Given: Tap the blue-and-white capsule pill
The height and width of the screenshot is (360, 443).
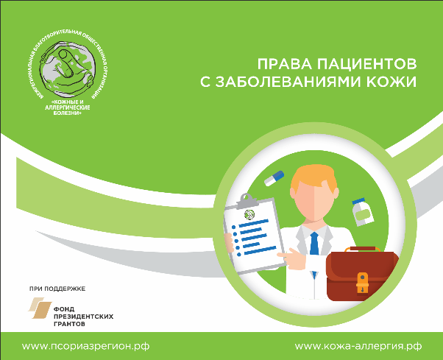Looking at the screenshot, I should pyautogui.click(x=274, y=177).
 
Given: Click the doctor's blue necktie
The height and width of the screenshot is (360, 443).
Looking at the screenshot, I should pyautogui.click(x=315, y=243).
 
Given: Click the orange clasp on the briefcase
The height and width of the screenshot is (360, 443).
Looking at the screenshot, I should pyautogui.click(x=363, y=280).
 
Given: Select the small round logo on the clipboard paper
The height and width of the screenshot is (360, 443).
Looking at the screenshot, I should pyautogui.click(x=249, y=215).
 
